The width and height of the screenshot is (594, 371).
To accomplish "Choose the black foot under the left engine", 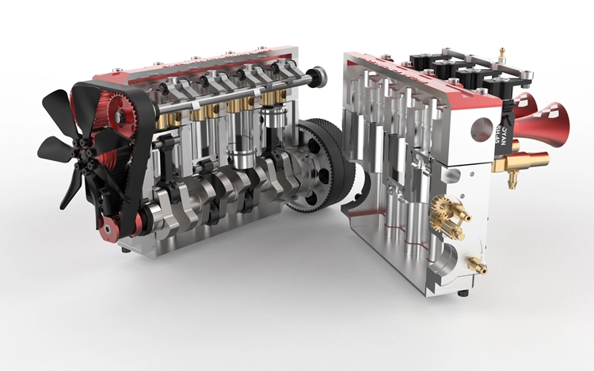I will pos(126,248).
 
